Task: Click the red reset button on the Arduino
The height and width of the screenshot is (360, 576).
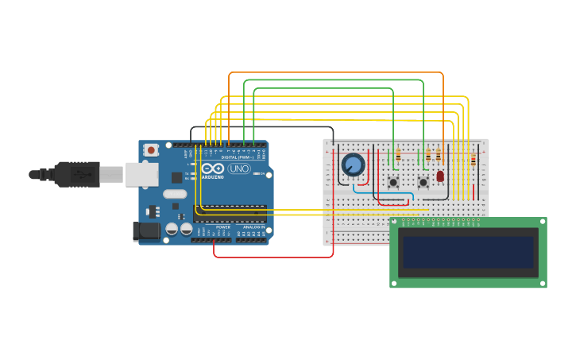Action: (x=150, y=149)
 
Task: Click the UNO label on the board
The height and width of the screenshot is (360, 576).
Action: (x=239, y=168)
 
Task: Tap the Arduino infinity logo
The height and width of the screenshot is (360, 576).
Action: (x=212, y=168)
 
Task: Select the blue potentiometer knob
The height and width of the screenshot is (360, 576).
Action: (x=353, y=165)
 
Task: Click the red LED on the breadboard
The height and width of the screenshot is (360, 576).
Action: (x=440, y=176)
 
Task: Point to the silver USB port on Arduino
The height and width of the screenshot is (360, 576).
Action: (x=141, y=174)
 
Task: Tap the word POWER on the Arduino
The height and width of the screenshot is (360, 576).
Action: (x=223, y=227)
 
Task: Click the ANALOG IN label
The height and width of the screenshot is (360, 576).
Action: (x=253, y=227)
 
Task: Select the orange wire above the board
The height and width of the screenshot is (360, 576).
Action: (x=334, y=73)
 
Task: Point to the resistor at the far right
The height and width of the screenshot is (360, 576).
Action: (x=474, y=160)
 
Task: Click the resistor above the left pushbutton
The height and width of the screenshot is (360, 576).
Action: (x=397, y=156)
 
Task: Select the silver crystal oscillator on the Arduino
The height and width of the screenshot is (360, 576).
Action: (x=175, y=194)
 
